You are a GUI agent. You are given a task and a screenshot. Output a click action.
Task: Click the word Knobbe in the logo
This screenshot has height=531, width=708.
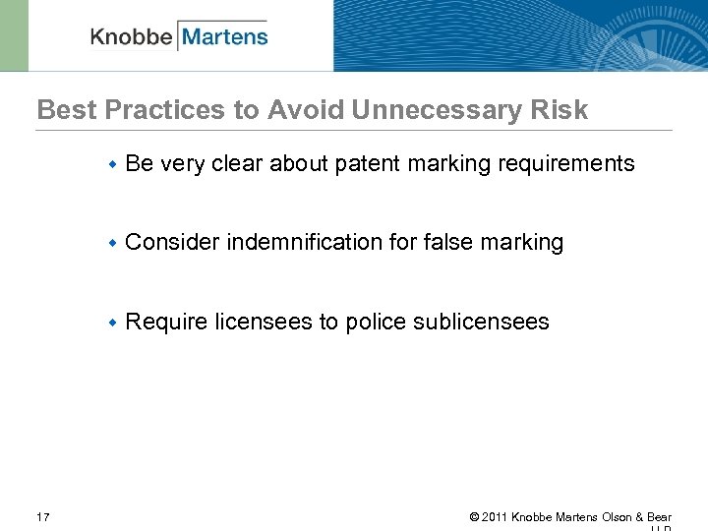point(132,37)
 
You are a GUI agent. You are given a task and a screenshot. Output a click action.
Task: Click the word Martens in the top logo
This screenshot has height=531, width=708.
point(224,37)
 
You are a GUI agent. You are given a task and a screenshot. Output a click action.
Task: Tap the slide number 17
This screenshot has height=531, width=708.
point(43,517)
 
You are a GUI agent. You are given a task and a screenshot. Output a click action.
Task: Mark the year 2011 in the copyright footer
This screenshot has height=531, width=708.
point(495,517)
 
